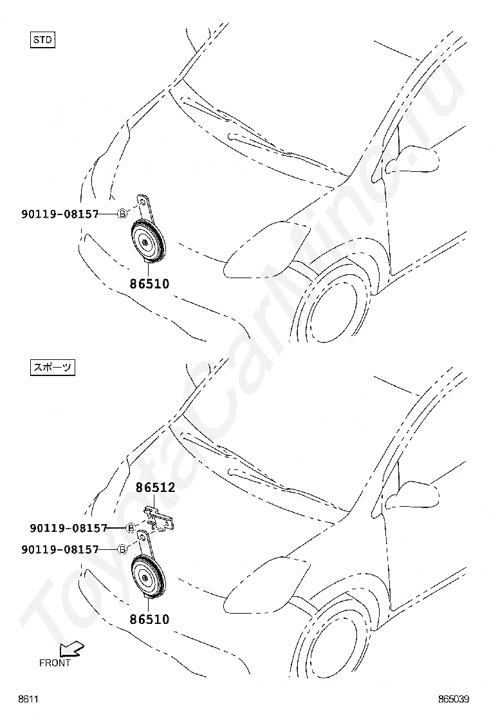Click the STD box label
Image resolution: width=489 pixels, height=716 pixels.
[43, 40]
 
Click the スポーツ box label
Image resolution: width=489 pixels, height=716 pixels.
[53, 368]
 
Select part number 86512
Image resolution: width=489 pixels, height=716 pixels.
[155, 488]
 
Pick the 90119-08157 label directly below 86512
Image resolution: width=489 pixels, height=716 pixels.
[68, 528]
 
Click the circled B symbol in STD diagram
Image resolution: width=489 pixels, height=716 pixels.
[122, 214]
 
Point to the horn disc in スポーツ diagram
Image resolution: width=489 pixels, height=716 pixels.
[147, 576]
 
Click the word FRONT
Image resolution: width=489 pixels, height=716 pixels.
[55, 663]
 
